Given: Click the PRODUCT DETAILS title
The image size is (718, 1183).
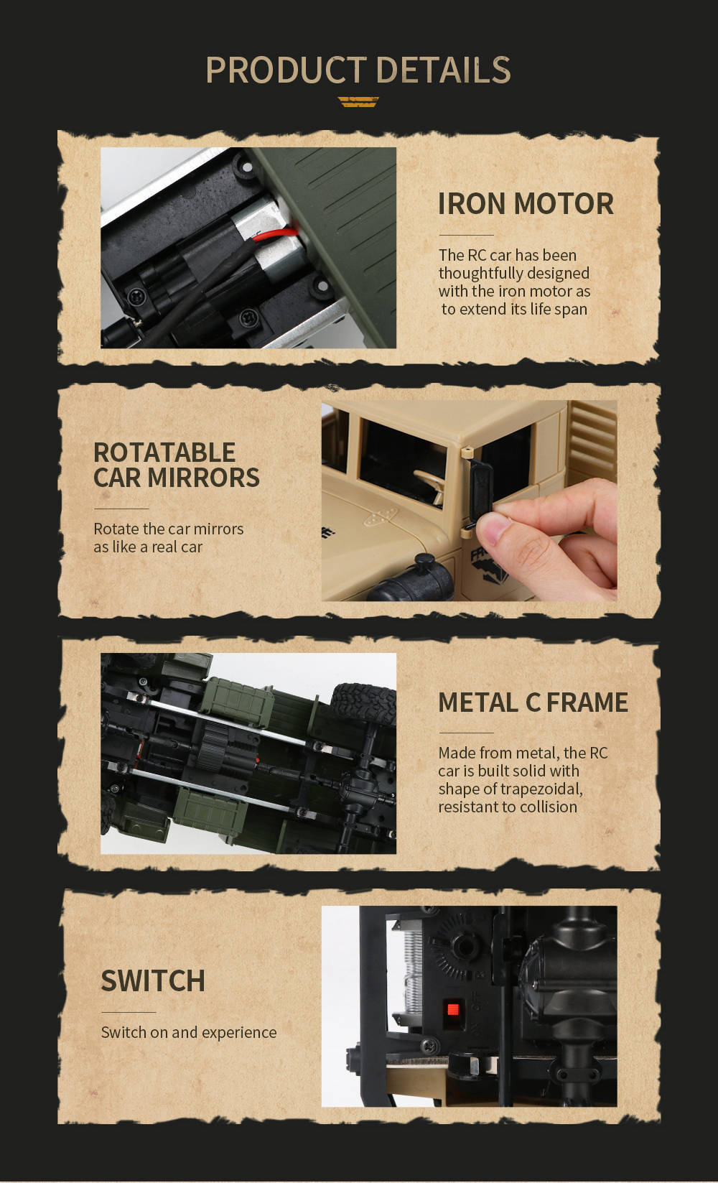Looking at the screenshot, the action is pyautogui.click(x=358, y=70).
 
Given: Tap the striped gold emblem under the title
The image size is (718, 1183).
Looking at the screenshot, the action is pyautogui.click(x=358, y=102).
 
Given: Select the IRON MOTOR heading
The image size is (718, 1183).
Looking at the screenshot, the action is pyautogui.click(x=526, y=204).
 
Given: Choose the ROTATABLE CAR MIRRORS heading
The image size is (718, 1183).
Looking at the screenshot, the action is pyautogui.click(x=177, y=465).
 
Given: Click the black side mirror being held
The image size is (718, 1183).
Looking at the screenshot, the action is pyautogui.click(x=480, y=493).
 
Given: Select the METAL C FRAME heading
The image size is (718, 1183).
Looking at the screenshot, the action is pyautogui.click(x=533, y=702).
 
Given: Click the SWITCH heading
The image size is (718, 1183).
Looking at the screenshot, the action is pyautogui.click(x=153, y=980).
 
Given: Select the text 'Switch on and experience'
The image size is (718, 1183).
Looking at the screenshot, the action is pyautogui.click(x=189, y=1032).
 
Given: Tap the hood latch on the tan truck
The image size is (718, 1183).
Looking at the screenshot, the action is pyautogui.click(x=381, y=517).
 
